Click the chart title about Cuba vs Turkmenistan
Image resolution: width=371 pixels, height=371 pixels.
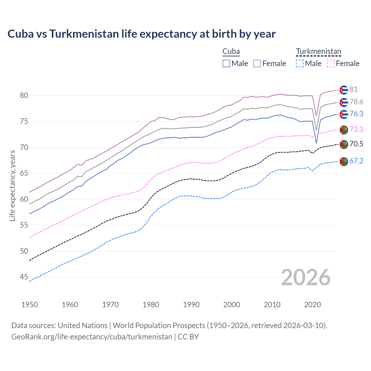(x=141, y=34)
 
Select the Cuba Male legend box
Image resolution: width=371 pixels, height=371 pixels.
(x=226, y=63)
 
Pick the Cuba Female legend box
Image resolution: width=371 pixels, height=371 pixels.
(x=257, y=63)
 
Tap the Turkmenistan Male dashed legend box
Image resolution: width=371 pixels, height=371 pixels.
(x=300, y=63)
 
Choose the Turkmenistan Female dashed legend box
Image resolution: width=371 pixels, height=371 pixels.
(x=331, y=63)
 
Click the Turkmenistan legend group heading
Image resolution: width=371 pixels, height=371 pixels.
(x=319, y=52)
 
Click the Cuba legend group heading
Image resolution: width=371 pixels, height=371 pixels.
(x=231, y=52)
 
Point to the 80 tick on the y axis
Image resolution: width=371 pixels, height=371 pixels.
(x=24, y=95)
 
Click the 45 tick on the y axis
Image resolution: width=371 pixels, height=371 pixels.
(x=24, y=277)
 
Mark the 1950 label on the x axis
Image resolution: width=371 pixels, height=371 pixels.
(x=30, y=305)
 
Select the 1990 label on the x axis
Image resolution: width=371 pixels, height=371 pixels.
(x=191, y=305)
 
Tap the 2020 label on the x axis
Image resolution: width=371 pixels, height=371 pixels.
(x=312, y=305)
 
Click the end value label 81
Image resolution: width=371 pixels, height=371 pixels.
(x=353, y=89)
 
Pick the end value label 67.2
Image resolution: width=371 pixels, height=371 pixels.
(x=356, y=161)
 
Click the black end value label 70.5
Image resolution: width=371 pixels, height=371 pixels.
(x=356, y=144)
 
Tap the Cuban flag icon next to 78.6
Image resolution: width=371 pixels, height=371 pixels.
(x=344, y=102)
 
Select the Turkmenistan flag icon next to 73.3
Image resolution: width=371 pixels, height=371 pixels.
(x=344, y=130)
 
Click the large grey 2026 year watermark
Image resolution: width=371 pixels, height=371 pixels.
(x=306, y=277)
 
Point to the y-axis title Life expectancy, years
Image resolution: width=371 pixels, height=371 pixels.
(x=12, y=185)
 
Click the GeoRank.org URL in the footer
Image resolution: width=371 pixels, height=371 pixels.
(x=92, y=337)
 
